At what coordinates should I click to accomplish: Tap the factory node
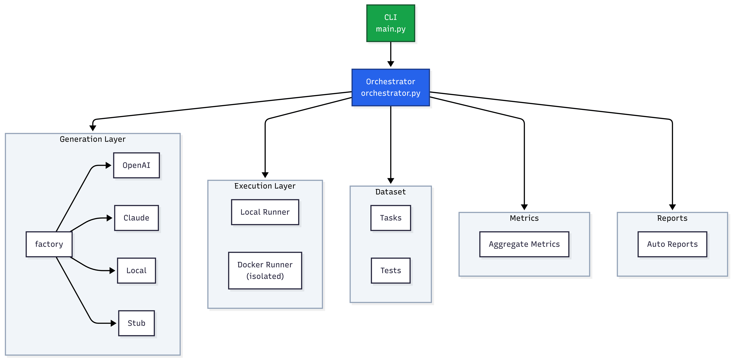49,244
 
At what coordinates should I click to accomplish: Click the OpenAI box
136,165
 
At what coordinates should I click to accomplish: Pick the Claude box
136,218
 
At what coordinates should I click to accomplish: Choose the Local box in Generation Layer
136,270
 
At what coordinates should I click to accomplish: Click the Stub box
136,323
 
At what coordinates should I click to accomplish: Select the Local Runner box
265,212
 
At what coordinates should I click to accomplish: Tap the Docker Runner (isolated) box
265,270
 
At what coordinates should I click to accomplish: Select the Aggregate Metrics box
524,244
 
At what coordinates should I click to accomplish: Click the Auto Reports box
672,244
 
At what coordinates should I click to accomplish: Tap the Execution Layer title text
265,186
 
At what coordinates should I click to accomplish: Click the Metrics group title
524,218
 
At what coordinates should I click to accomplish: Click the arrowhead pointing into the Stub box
113,323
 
